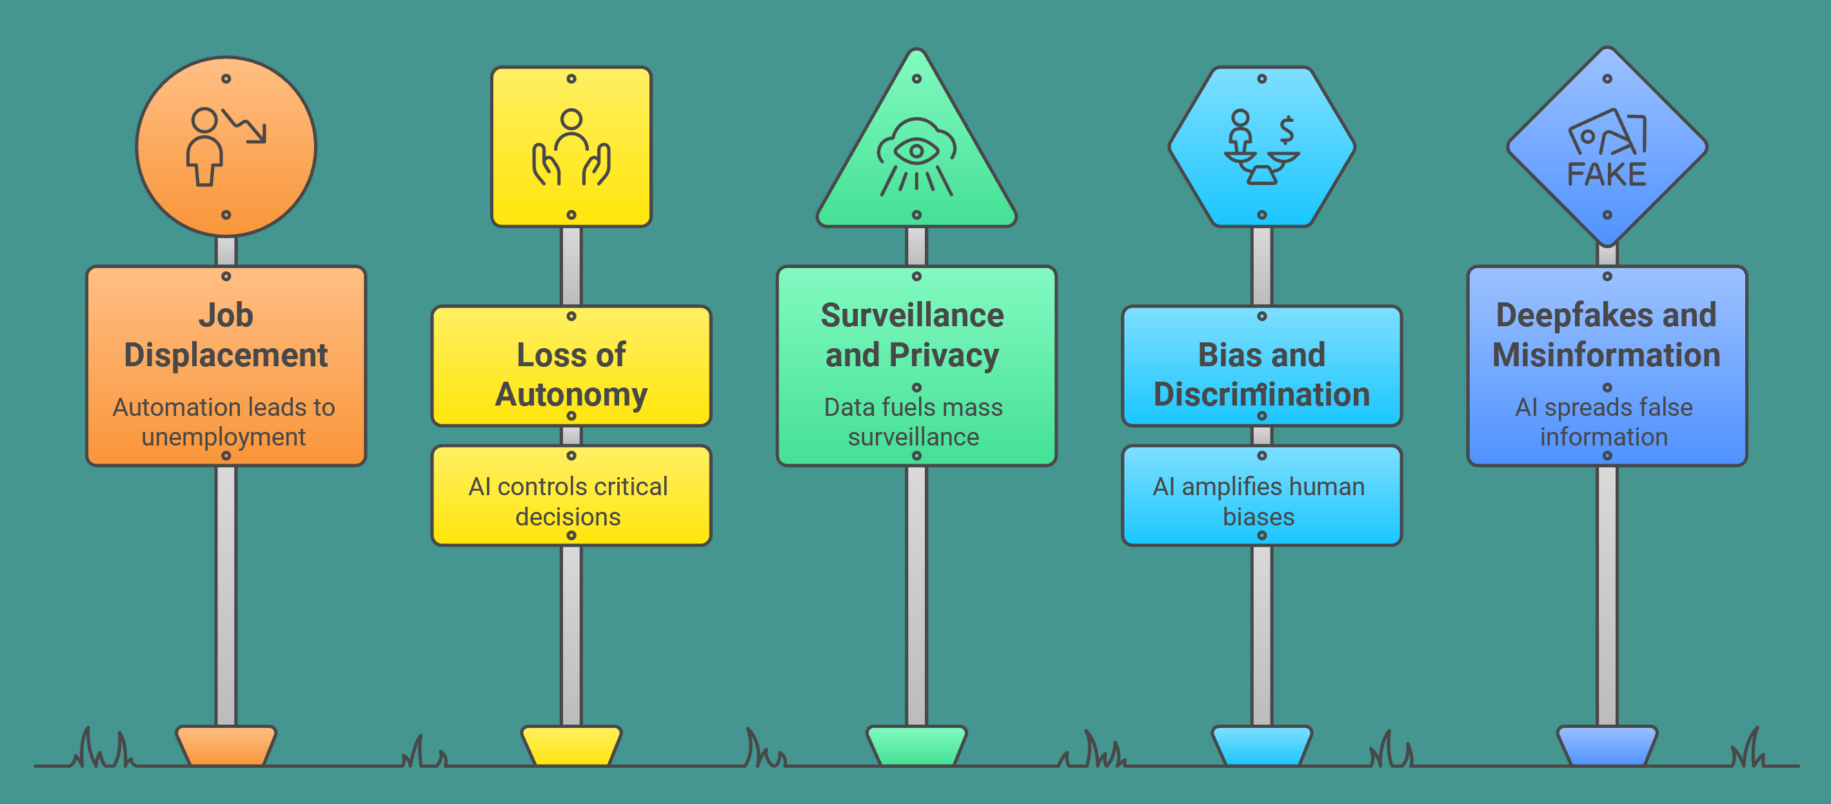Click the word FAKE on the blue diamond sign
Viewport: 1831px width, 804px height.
tap(1607, 175)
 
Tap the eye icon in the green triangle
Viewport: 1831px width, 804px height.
tap(916, 151)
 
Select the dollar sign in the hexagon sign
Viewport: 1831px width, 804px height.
tap(1286, 130)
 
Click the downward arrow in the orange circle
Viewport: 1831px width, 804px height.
tap(245, 126)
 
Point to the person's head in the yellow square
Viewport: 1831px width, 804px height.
tap(571, 119)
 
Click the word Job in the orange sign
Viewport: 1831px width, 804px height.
tap(225, 315)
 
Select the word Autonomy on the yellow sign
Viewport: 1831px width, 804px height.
tap(571, 395)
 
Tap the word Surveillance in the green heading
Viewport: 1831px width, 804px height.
tap(912, 315)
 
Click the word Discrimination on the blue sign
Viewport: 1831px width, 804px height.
tap(1261, 395)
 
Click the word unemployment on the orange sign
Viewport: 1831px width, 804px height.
tap(223, 436)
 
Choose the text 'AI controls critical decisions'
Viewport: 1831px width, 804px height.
tap(568, 501)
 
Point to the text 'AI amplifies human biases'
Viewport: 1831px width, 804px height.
tap(1258, 501)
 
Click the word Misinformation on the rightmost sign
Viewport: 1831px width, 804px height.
tap(1606, 355)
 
